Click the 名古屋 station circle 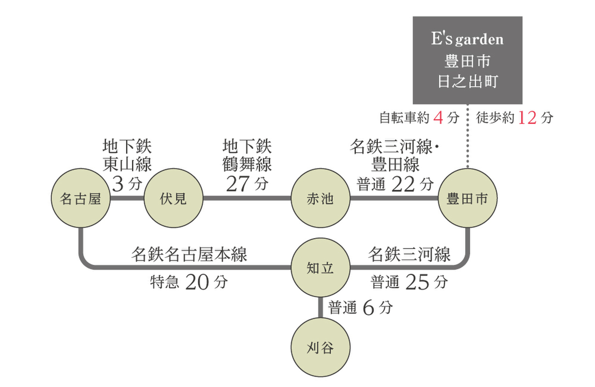pos(80,199)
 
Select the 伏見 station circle pos(173,199)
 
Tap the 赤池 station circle pos(320,199)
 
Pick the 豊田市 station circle pos(467,199)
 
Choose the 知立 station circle pos(320,268)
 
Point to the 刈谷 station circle pos(320,348)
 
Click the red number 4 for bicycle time pos(437,118)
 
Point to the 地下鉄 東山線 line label pos(127,155)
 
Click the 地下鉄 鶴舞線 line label pos(247,155)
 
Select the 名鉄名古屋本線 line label pos(189,255)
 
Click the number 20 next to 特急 pos(197,283)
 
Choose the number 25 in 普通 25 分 pos(417,282)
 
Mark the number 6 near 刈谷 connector pos(367,308)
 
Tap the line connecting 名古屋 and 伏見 pos(126,198)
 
